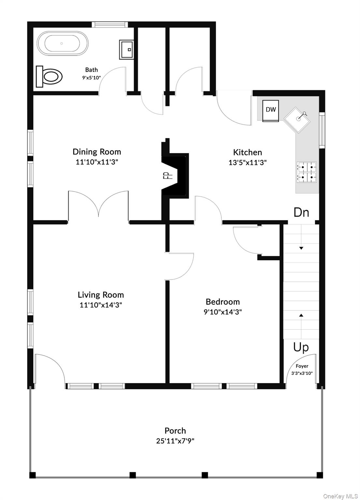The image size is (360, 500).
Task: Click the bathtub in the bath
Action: tap(62, 43)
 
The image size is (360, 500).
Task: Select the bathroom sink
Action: tap(126, 50)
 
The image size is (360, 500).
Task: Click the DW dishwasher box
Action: tap(271, 110)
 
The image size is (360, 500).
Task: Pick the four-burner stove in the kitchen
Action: tap(306, 172)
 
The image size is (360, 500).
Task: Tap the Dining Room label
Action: tap(97, 152)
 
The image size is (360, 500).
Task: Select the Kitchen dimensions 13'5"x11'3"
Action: tap(248, 162)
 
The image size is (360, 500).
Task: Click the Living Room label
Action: tap(101, 295)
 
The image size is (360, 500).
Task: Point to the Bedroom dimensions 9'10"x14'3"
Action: tap(223, 312)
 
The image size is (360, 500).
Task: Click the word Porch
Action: tap(175, 431)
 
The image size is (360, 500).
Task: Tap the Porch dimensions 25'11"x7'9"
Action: tap(175, 441)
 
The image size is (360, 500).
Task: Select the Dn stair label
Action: tap(301, 212)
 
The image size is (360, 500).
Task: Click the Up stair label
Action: tap(301, 347)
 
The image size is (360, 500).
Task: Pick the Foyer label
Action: tap(302, 366)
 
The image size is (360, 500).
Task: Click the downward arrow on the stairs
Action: tap(301, 248)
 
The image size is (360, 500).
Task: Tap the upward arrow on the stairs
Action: tap(301, 315)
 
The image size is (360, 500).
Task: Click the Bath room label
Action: tap(91, 70)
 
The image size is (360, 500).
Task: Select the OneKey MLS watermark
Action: tap(340, 496)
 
